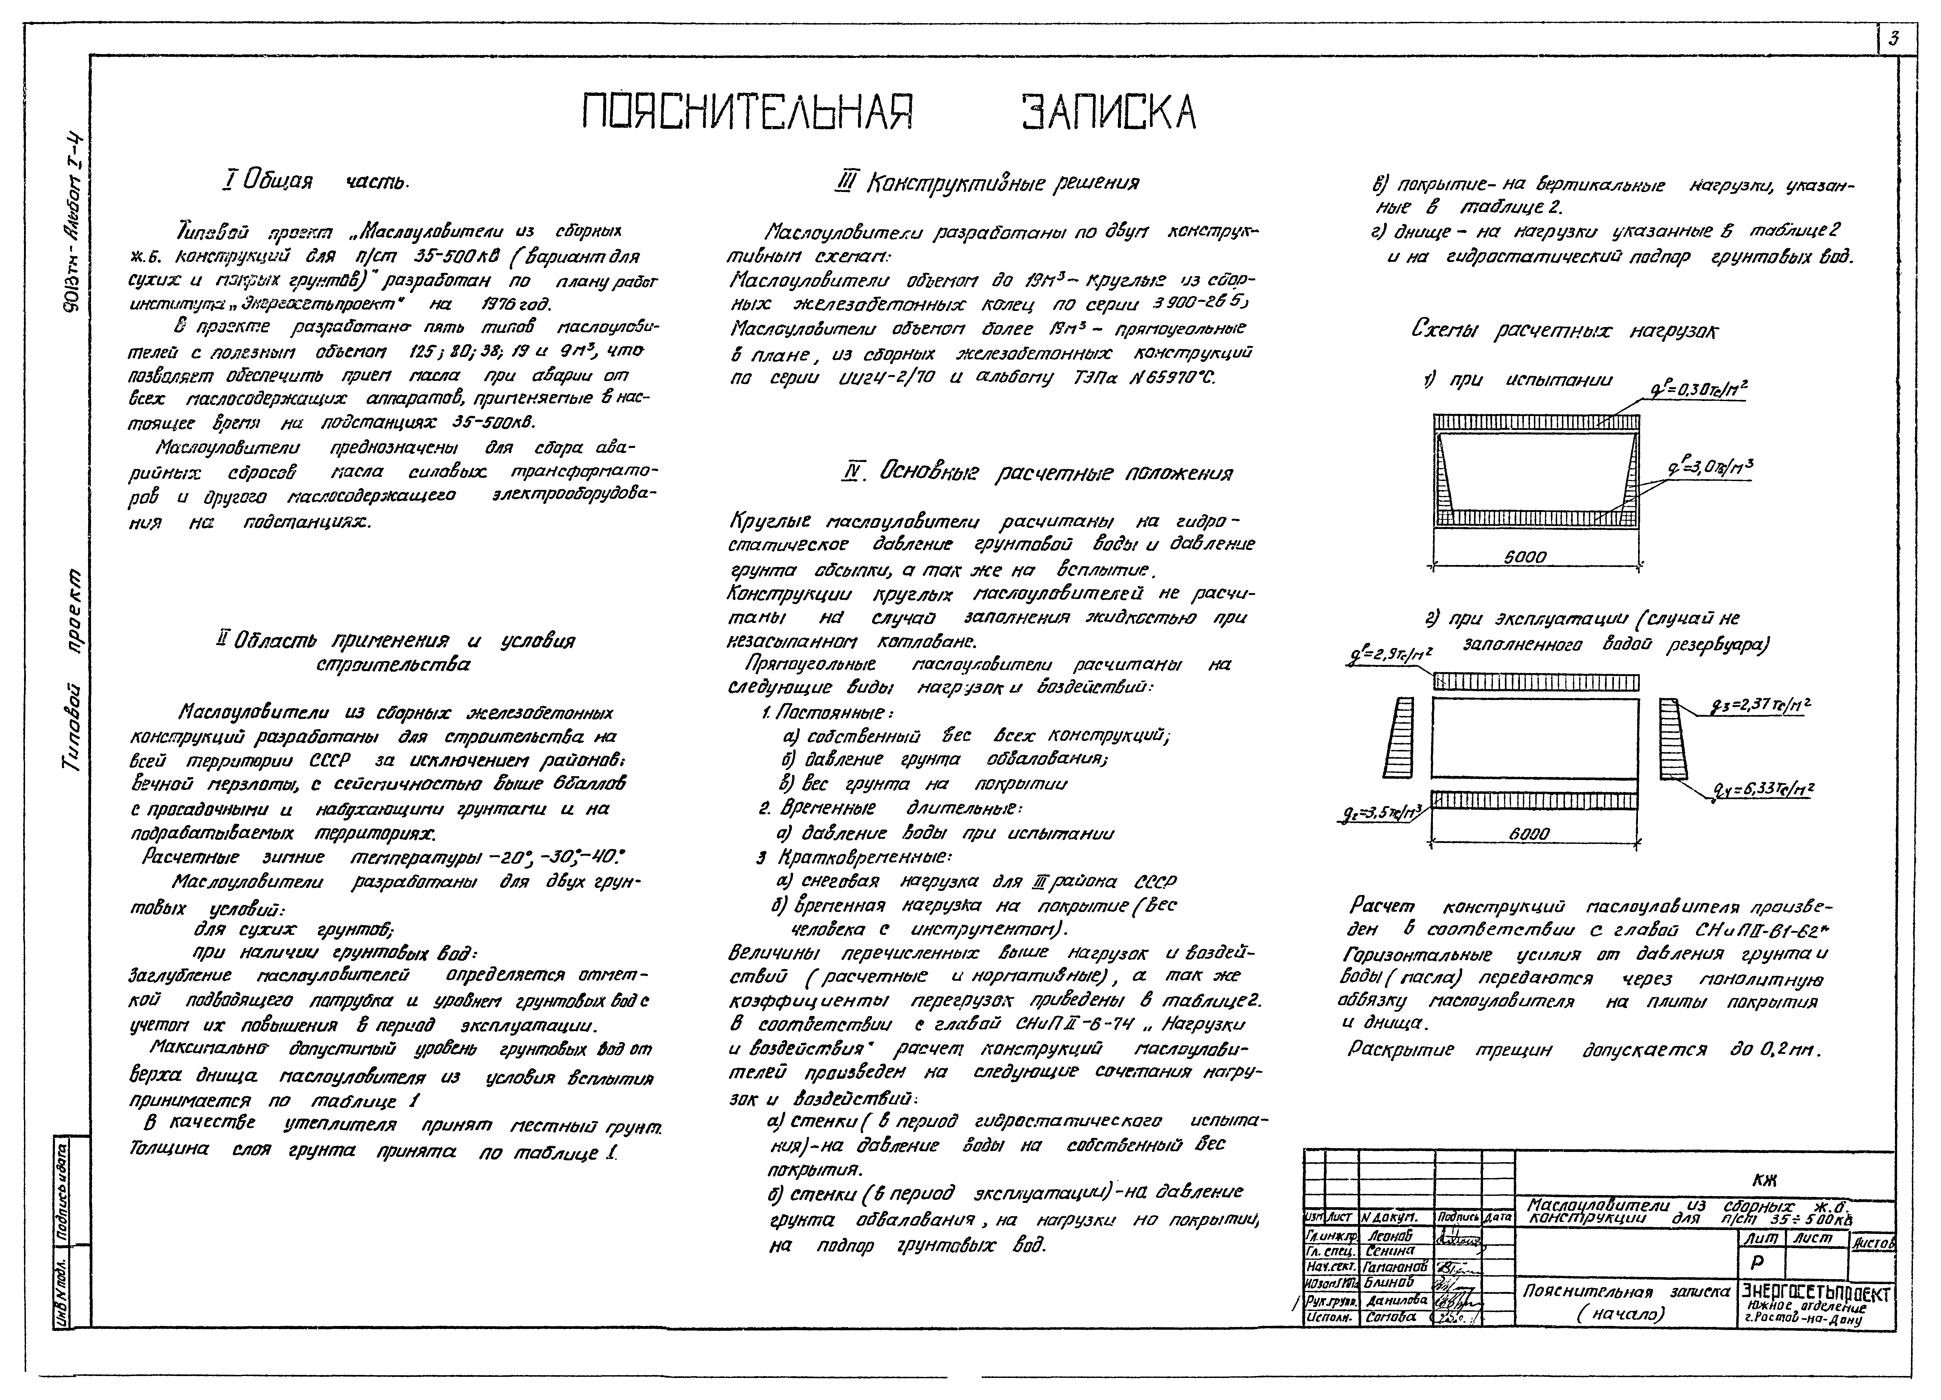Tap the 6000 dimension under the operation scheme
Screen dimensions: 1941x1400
click(1529, 832)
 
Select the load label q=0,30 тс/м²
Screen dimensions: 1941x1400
click(1699, 390)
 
